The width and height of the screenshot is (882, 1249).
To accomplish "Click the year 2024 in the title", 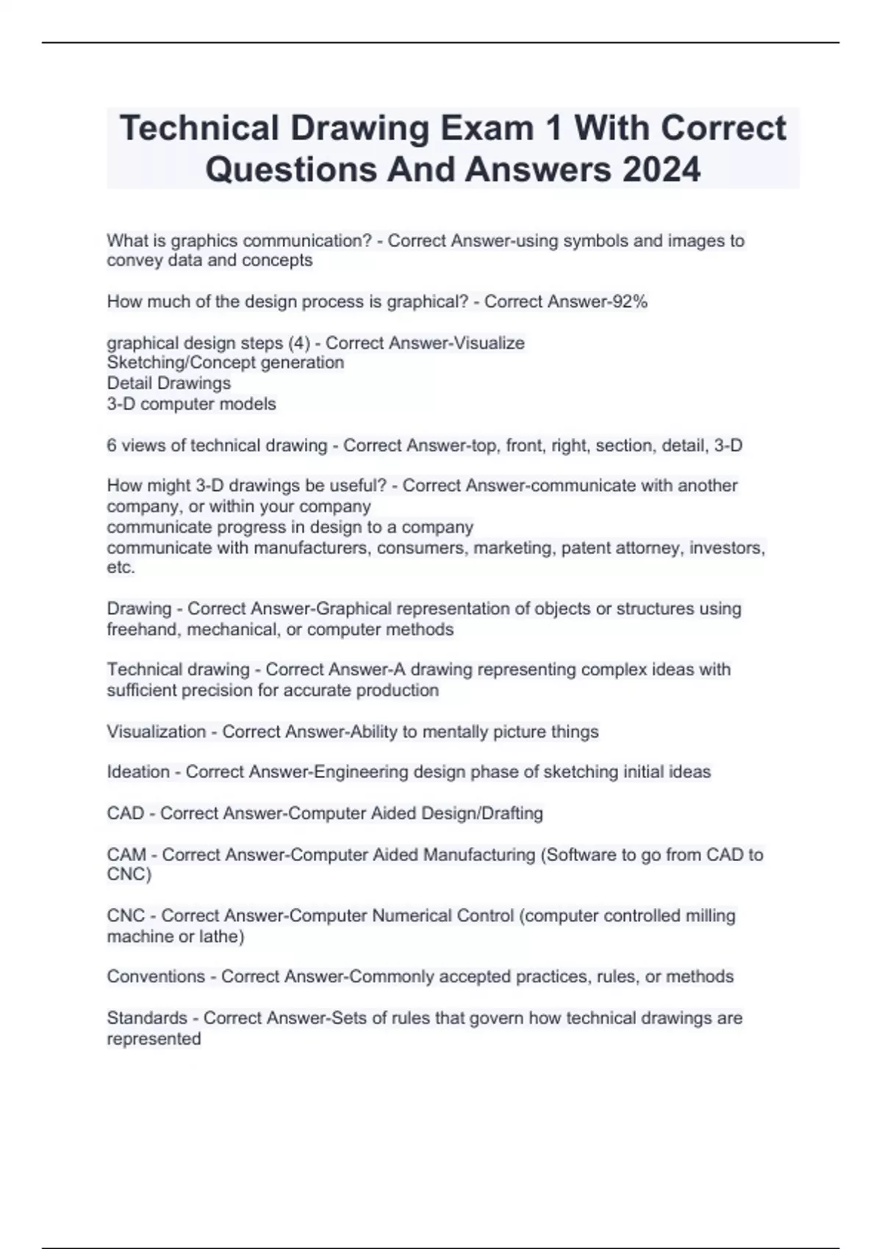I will [x=661, y=170].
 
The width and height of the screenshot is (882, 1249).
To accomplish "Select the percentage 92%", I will [x=630, y=301].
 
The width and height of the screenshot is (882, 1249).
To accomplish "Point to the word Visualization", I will [x=156, y=732].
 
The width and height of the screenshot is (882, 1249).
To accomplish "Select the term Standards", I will [x=147, y=1018].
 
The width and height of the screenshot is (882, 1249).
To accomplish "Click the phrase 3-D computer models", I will [x=191, y=403].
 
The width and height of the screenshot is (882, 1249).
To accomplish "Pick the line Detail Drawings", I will [x=168, y=383].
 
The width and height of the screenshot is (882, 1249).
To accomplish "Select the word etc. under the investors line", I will [x=121, y=567].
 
